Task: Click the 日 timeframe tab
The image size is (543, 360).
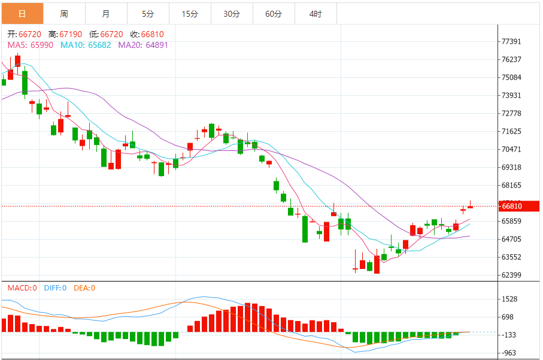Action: tap(22, 13)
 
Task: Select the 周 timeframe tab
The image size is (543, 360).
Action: tap(64, 13)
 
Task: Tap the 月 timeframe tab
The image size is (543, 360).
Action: tap(106, 13)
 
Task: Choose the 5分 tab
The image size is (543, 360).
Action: tap(148, 13)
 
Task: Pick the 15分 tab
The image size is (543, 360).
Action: tap(190, 13)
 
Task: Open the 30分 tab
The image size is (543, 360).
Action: tap(232, 13)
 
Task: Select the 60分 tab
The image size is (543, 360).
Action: tap(274, 13)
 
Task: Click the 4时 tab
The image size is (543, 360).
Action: tap(316, 13)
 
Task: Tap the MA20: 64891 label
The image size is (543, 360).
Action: tap(143, 45)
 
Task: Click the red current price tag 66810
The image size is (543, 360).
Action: tap(519, 206)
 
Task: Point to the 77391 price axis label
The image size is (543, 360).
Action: tap(512, 41)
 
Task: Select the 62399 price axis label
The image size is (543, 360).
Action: tap(512, 275)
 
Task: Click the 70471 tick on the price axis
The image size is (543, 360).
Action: tap(512, 149)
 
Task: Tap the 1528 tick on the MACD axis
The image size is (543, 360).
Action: tap(509, 299)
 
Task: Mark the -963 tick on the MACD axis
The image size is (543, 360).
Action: tap(509, 353)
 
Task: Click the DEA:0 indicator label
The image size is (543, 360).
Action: tap(84, 288)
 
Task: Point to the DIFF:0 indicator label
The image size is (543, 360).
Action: tap(54, 288)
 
